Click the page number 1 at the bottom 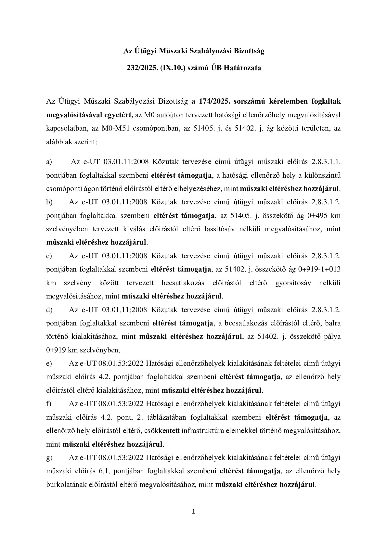193,512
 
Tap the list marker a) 49,162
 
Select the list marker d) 49,310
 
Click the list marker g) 49,458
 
